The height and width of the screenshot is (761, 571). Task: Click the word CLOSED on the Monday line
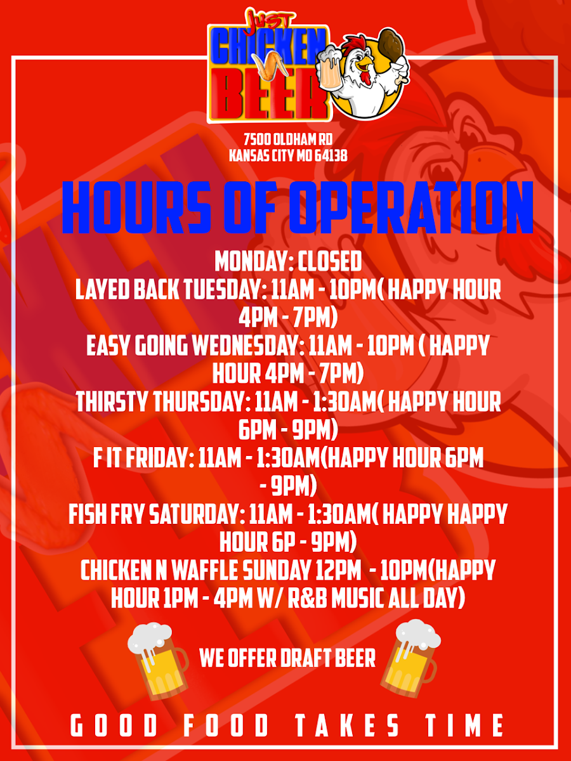click(329, 261)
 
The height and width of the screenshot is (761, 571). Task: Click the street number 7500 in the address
click(257, 140)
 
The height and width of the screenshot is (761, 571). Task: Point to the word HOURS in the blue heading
click(136, 207)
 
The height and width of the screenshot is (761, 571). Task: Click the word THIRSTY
click(112, 402)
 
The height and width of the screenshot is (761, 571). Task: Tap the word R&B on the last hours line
click(308, 598)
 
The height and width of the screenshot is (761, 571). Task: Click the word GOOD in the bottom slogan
click(114, 725)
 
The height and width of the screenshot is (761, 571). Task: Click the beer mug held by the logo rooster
click(331, 68)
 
